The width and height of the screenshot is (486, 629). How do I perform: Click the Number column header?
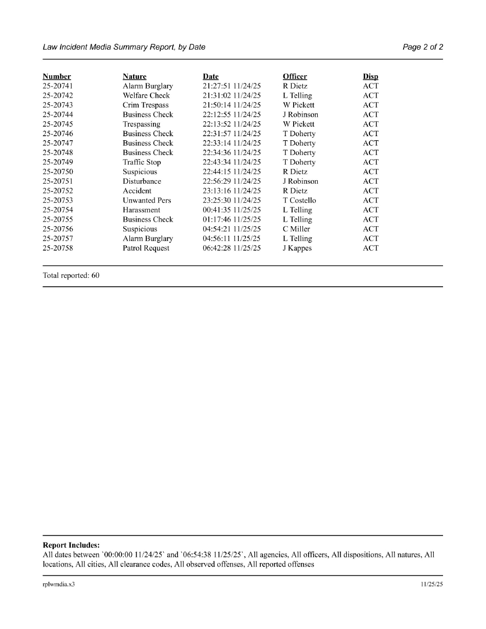[57, 77]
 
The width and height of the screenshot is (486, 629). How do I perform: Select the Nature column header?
[135, 77]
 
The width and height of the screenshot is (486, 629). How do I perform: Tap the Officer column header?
[295, 77]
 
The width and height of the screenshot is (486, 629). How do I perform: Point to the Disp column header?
[371, 77]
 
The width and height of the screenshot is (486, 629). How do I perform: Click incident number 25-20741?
[58, 86]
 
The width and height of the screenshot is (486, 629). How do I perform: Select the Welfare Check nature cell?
[146, 96]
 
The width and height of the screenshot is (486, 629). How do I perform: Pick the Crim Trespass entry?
[146, 105]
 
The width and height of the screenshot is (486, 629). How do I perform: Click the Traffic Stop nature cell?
[142, 162]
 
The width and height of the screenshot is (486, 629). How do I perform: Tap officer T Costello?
[299, 200]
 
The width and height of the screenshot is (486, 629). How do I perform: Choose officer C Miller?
[296, 229]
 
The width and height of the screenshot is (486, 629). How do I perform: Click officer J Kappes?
[297, 248]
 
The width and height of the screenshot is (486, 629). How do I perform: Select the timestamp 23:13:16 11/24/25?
[232, 191]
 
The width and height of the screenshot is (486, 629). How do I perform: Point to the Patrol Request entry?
[146, 248]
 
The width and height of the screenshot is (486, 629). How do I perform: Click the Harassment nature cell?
[141, 210]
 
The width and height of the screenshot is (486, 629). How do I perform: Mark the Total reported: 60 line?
[71, 275]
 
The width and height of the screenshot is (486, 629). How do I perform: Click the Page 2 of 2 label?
[423, 47]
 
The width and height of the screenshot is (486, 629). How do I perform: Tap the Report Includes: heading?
[71, 546]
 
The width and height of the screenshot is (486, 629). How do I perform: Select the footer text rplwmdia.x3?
[59, 584]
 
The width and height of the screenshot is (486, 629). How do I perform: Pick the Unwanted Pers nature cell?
[147, 200]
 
